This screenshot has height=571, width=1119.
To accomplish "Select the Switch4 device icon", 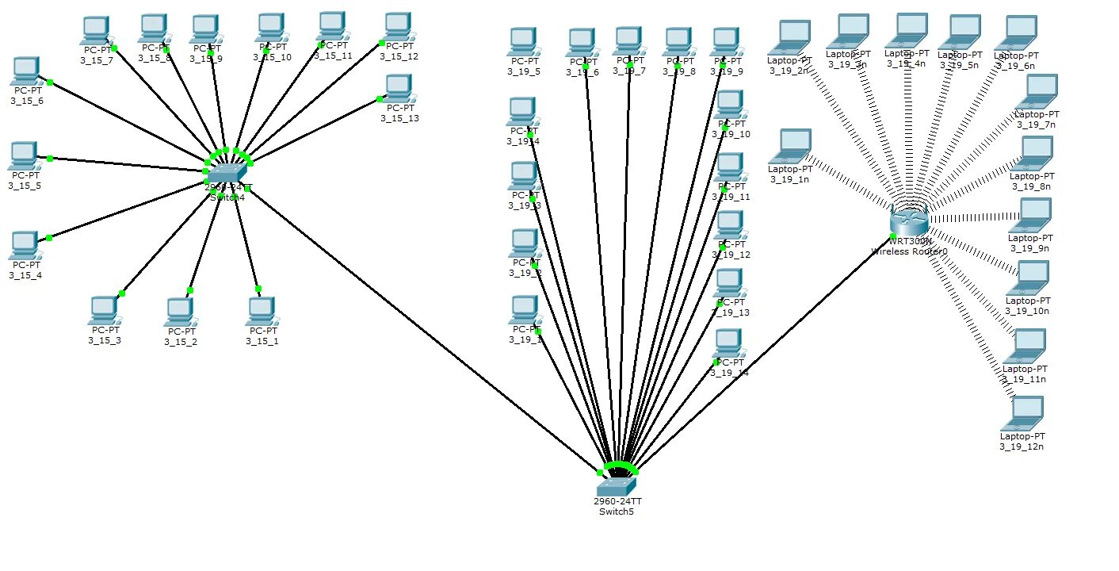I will [x=227, y=171].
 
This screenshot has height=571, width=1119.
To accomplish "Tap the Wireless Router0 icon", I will [x=908, y=218].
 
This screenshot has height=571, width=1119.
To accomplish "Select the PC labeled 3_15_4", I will [x=25, y=245].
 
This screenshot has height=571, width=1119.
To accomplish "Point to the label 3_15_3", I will [x=105, y=340].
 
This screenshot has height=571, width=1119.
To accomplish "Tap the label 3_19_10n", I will [x=1028, y=311].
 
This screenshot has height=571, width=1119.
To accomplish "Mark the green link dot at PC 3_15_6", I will [x=49, y=82].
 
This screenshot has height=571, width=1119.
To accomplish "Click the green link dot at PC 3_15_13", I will [x=380, y=99].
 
